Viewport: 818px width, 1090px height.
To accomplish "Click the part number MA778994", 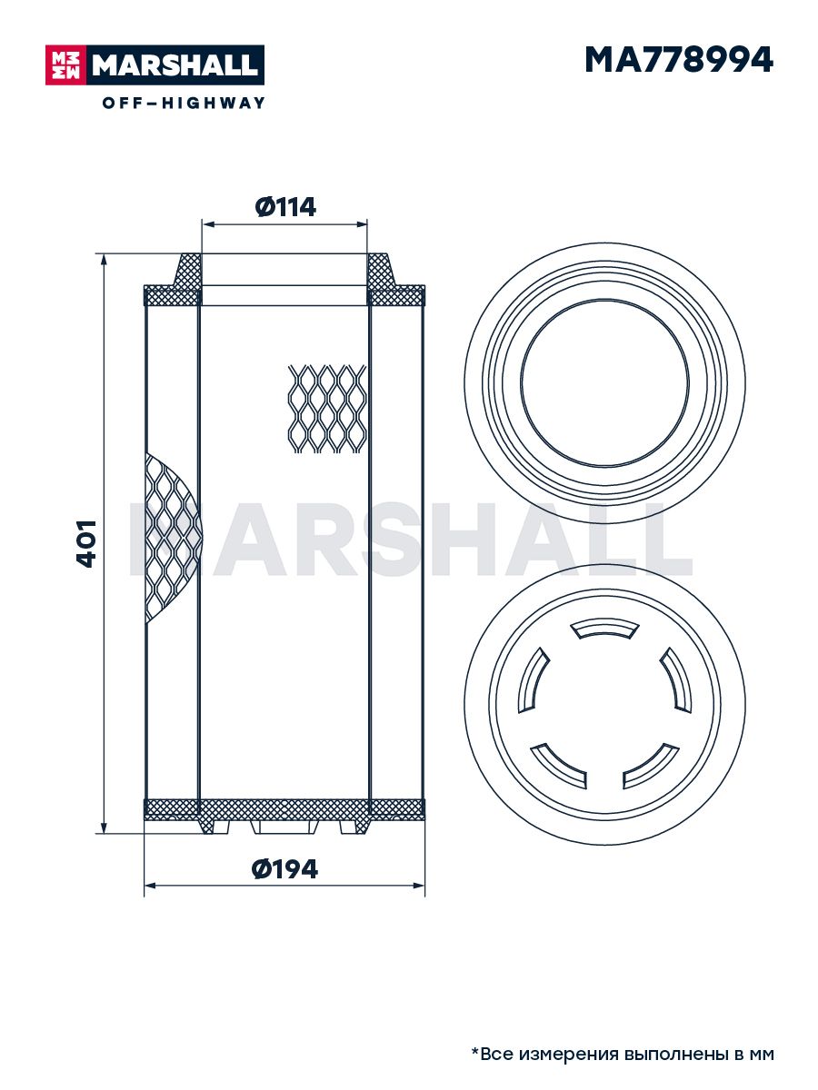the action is click(678, 60).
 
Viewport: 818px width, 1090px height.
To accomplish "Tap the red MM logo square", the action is click(66, 65).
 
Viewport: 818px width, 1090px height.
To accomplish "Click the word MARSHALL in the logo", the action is click(175, 65).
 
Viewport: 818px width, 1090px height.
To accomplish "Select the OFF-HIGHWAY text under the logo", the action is click(184, 103).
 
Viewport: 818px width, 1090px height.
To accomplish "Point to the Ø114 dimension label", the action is click(285, 207).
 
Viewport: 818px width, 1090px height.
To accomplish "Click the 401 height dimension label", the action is click(86, 544).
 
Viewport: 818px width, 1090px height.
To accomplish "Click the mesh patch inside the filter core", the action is click(327, 409).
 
